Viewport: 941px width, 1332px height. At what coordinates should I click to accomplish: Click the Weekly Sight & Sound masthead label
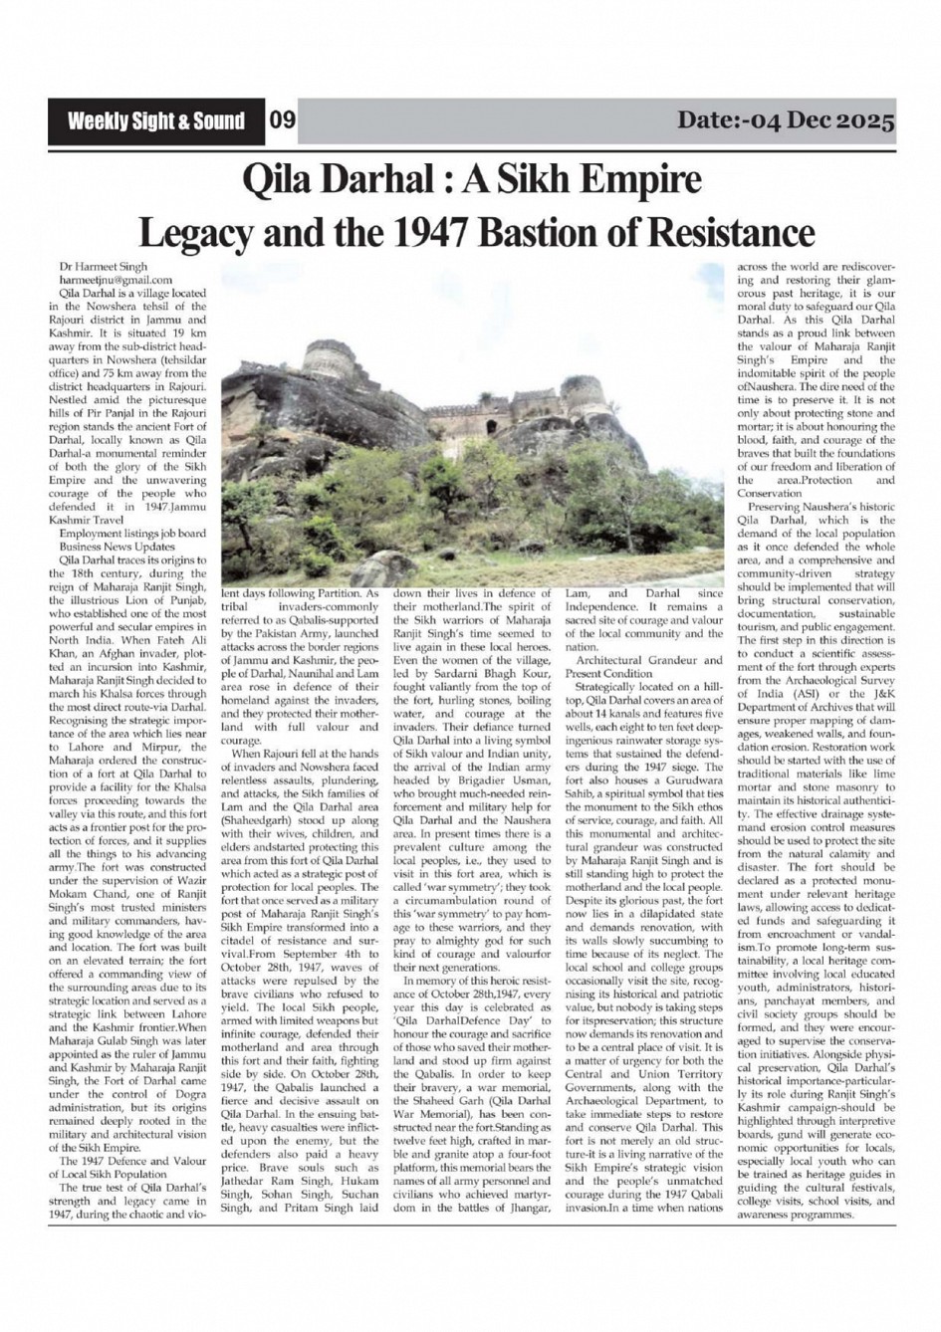(x=155, y=121)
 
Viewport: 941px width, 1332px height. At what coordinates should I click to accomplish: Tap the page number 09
(x=282, y=121)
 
